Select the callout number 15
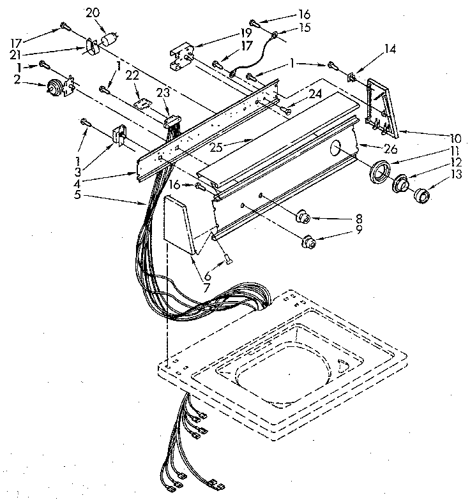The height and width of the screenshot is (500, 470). point(304,27)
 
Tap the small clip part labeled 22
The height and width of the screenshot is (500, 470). point(143,101)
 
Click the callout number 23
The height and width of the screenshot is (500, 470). point(164,93)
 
